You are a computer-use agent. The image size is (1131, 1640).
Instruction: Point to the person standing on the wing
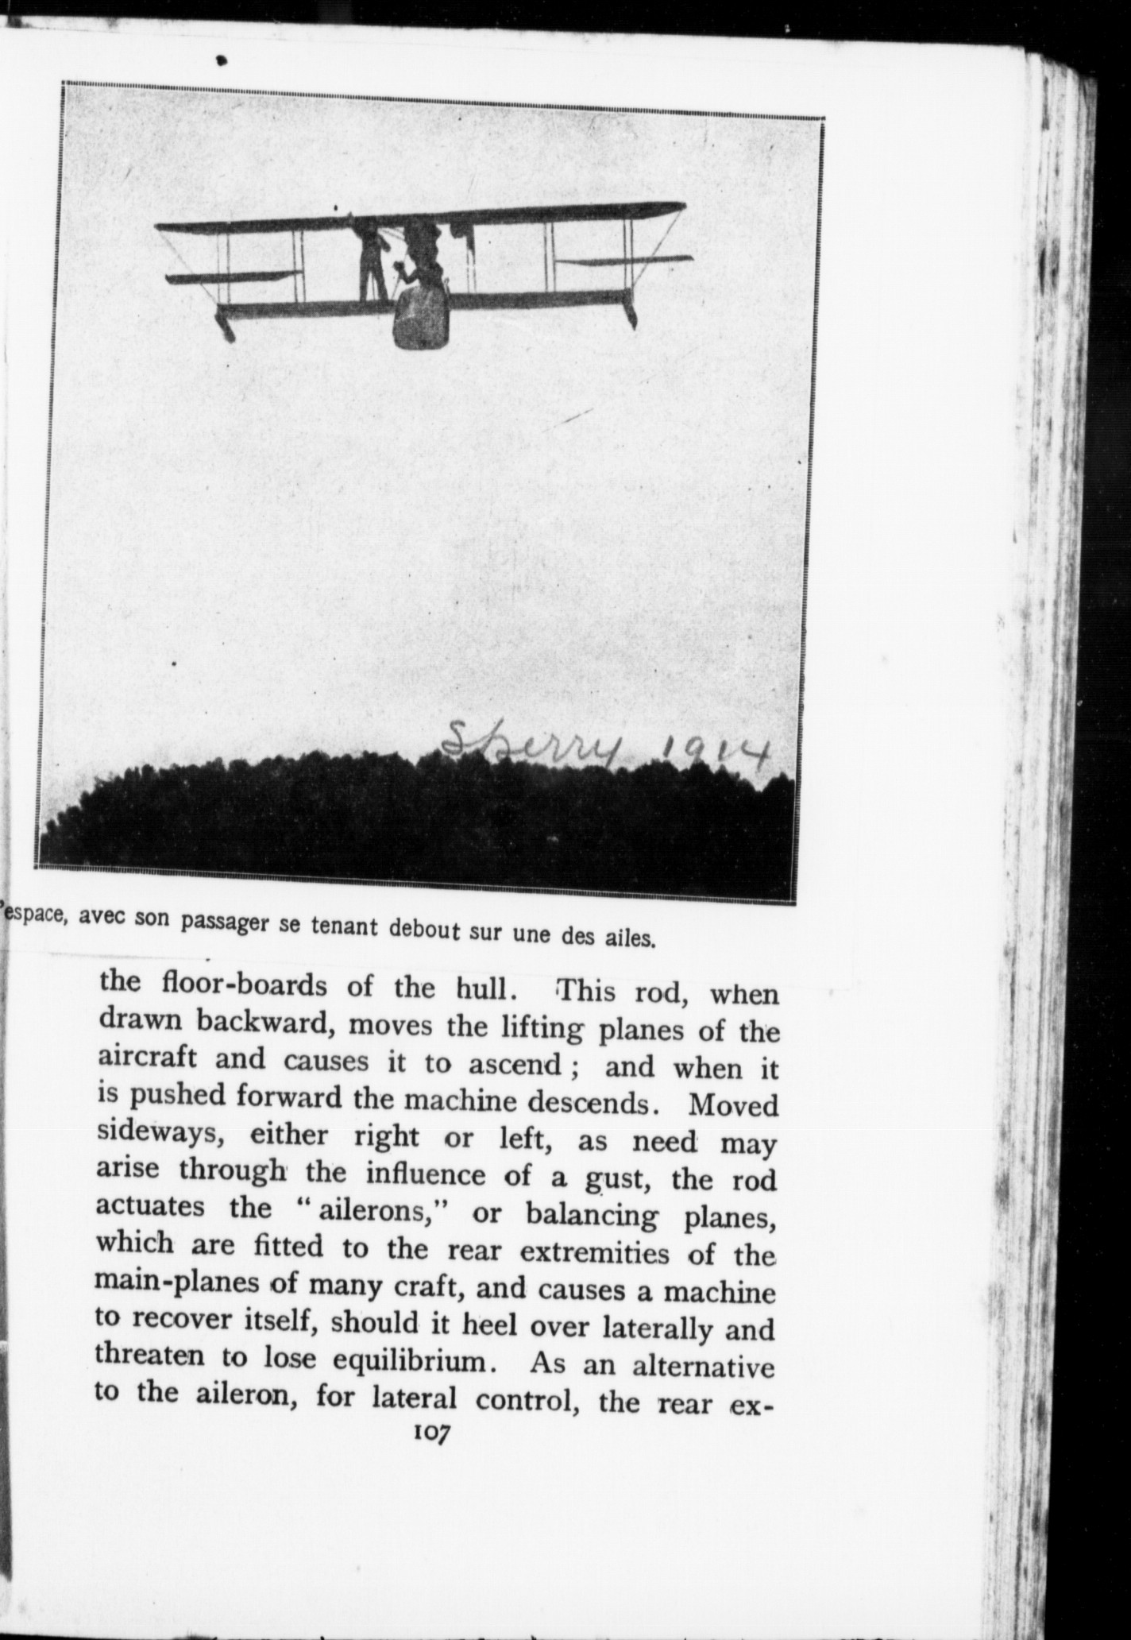[371, 260]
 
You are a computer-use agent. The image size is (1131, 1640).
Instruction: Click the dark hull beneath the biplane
[422, 319]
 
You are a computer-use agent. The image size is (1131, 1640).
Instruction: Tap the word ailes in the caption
[633, 938]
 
